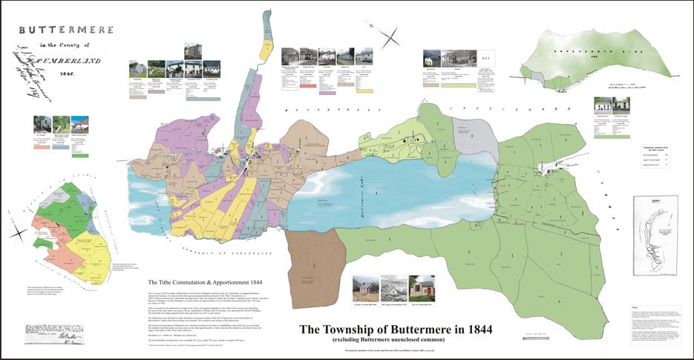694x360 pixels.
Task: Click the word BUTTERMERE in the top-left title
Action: tap(66, 30)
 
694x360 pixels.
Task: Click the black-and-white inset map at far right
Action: tap(656, 222)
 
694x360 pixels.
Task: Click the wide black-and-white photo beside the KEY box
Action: tap(456, 58)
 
